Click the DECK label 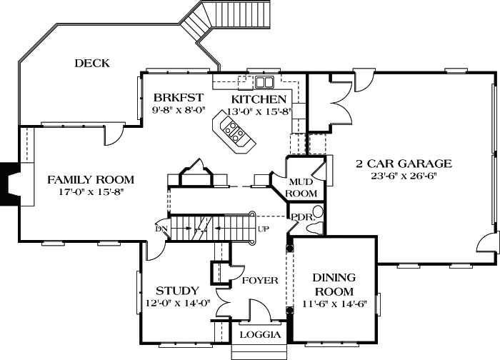(92, 64)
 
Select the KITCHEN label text (259, 99)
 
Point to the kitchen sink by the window (266, 81)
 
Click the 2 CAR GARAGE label (404, 164)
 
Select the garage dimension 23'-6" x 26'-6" (404, 176)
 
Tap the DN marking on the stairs (161, 229)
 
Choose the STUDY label (176, 291)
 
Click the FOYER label (259, 280)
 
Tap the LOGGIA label (259, 334)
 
